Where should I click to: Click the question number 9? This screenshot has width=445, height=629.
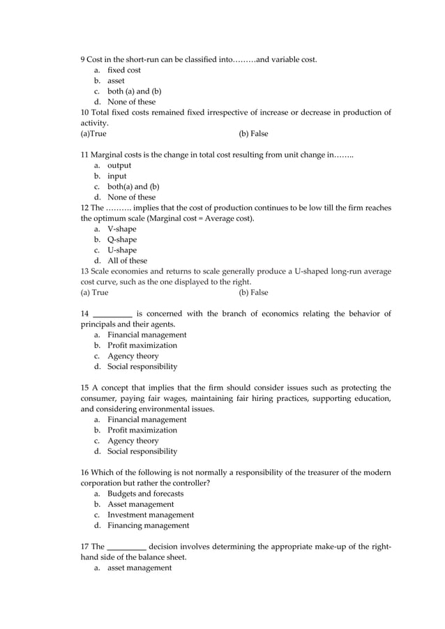pyautogui.click(x=84, y=59)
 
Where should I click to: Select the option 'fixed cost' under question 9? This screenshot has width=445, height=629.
pyautogui.click(x=123, y=70)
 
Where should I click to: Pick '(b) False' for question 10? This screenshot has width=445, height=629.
pyautogui.click(x=253, y=133)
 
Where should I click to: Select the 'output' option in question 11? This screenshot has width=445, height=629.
pyautogui.click(x=119, y=165)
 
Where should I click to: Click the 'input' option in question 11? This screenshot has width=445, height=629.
pyautogui.click(x=116, y=176)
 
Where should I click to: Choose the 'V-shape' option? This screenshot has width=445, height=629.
pyautogui.click(x=121, y=229)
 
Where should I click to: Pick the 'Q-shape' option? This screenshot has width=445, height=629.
pyautogui.click(x=121, y=240)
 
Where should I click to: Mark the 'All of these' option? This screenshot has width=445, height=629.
pyautogui.click(x=127, y=261)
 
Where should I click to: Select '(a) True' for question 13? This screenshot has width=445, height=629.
pyautogui.click(x=95, y=293)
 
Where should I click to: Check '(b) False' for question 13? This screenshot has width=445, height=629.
pyautogui.click(x=253, y=293)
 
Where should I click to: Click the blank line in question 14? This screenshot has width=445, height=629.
pyautogui.click(x=112, y=314)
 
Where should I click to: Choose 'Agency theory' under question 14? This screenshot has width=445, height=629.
pyautogui.click(x=133, y=356)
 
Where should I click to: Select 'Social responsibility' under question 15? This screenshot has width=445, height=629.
pyautogui.click(x=142, y=451)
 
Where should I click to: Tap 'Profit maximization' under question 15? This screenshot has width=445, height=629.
pyautogui.click(x=142, y=430)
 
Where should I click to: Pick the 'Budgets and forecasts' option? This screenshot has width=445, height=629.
pyautogui.click(x=145, y=494)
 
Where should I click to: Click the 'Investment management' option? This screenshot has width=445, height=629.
pyautogui.click(x=150, y=515)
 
